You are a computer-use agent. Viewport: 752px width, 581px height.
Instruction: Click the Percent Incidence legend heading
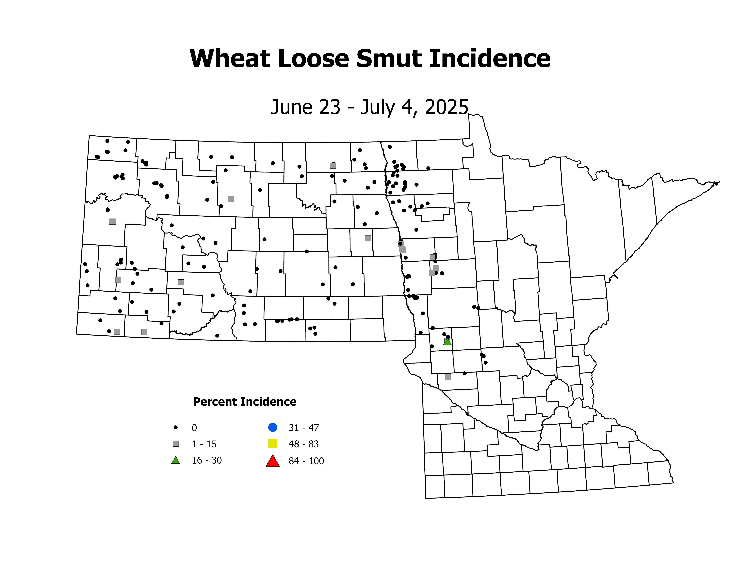[245, 402]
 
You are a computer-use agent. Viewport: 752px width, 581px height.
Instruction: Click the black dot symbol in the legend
[176, 427]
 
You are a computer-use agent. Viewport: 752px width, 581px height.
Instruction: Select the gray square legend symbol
[176, 444]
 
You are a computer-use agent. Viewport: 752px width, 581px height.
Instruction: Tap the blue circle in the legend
[273, 427]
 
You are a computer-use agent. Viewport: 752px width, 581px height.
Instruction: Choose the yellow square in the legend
[273, 444]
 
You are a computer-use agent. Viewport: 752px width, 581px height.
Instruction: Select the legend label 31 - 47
[304, 428]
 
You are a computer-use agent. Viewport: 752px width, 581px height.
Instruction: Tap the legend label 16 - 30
[207, 461]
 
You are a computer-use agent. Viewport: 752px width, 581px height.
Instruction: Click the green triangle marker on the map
[447, 342]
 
